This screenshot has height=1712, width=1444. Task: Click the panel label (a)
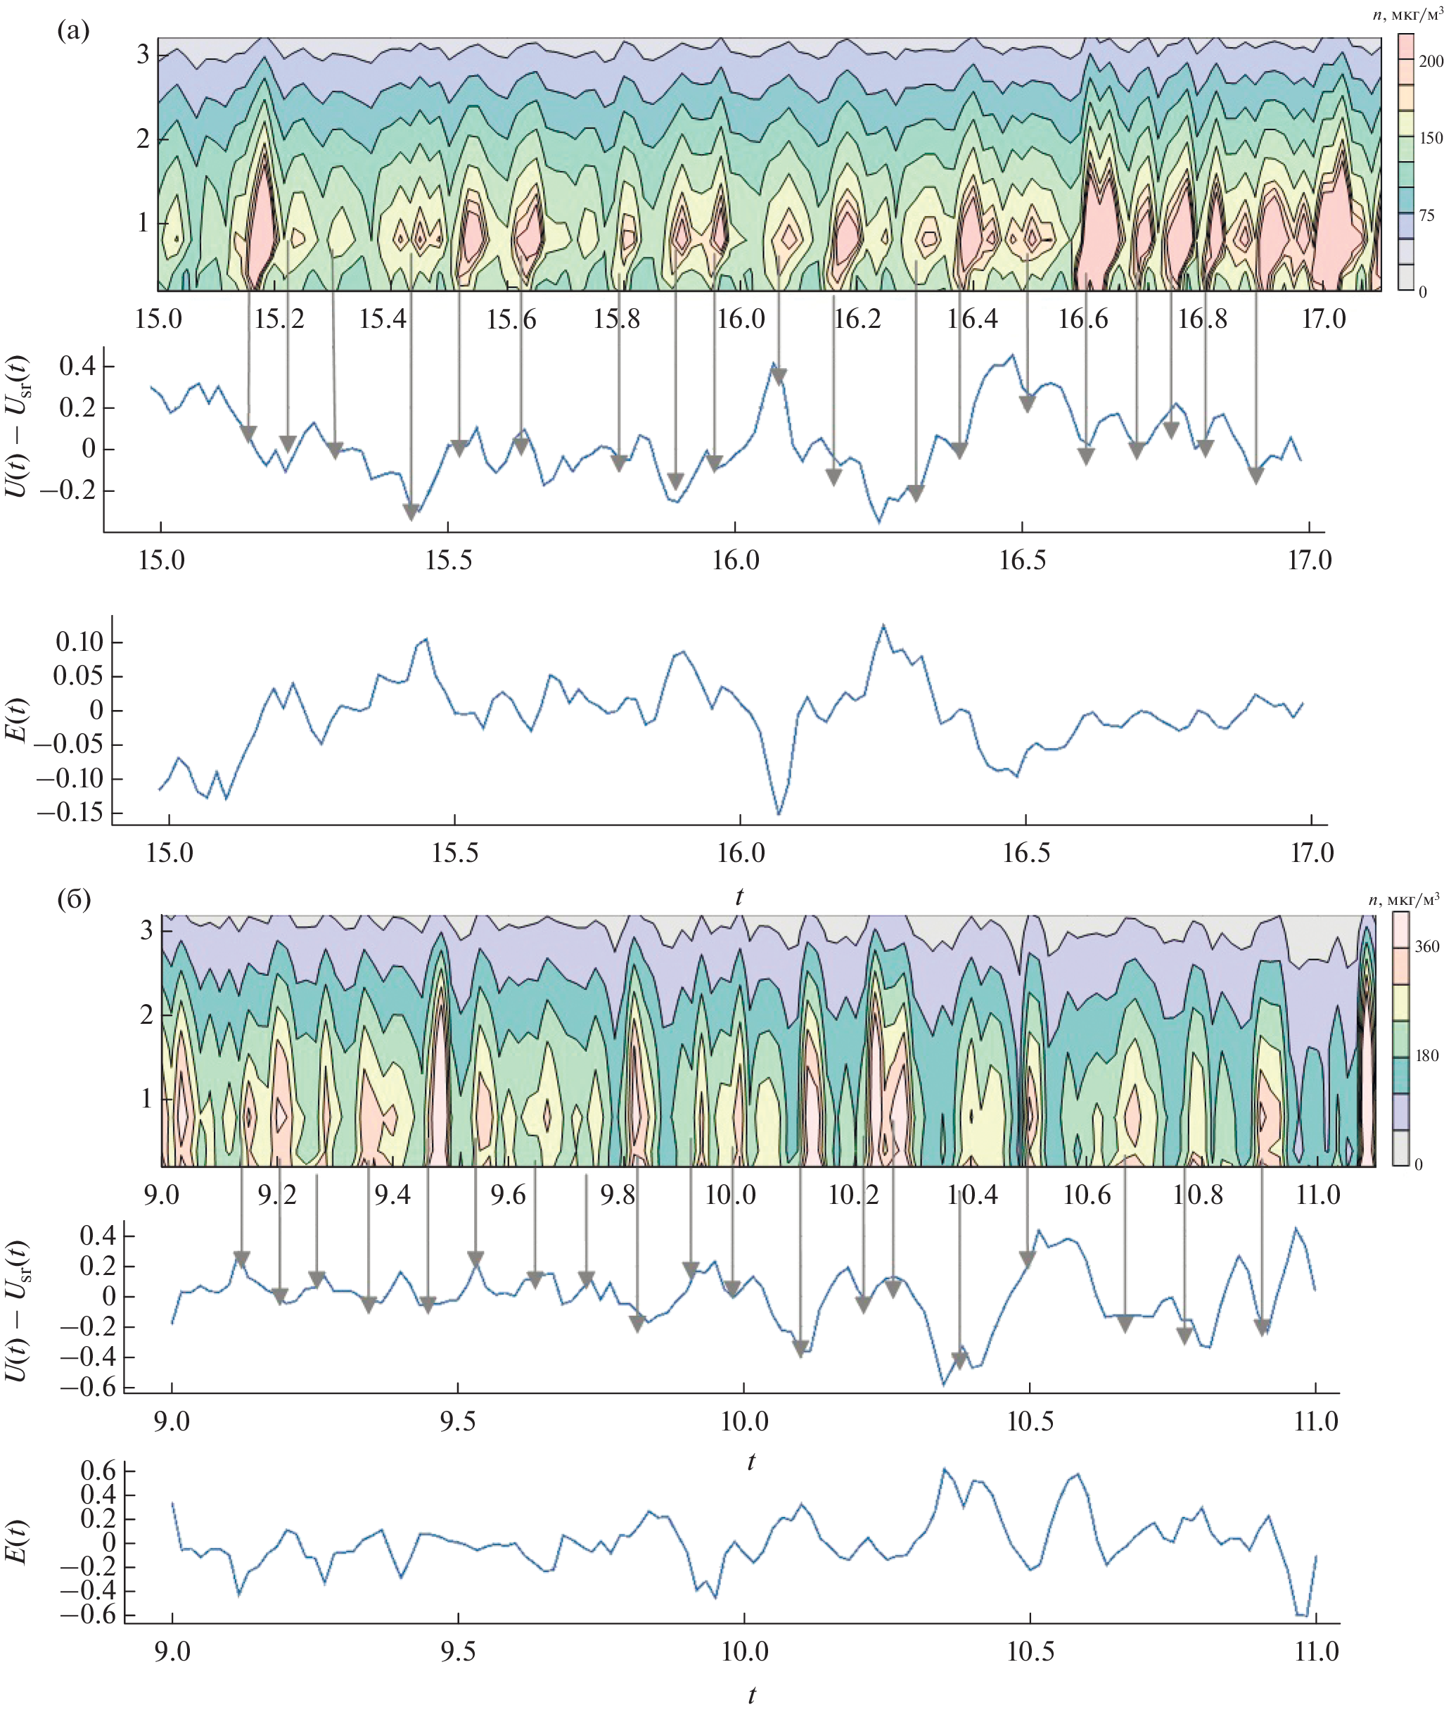click(73, 31)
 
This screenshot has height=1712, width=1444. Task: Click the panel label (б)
click(74, 899)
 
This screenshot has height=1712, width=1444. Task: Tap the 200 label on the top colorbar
click(1431, 61)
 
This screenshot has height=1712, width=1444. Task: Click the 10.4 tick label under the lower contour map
click(973, 1195)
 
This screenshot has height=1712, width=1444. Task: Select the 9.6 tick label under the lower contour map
click(508, 1195)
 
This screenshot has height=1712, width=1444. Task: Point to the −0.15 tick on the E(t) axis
click(70, 812)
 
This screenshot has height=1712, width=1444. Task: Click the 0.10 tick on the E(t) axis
click(79, 642)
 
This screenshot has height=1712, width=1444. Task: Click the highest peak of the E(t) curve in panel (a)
click(883, 626)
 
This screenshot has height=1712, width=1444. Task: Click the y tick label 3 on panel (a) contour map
click(143, 55)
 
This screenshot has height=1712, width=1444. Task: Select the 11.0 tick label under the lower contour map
click(1318, 1195)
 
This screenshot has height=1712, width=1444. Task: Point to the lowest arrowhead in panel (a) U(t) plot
click(411, 512)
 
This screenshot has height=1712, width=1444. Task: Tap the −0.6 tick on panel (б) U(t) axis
click(96, 1388)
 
